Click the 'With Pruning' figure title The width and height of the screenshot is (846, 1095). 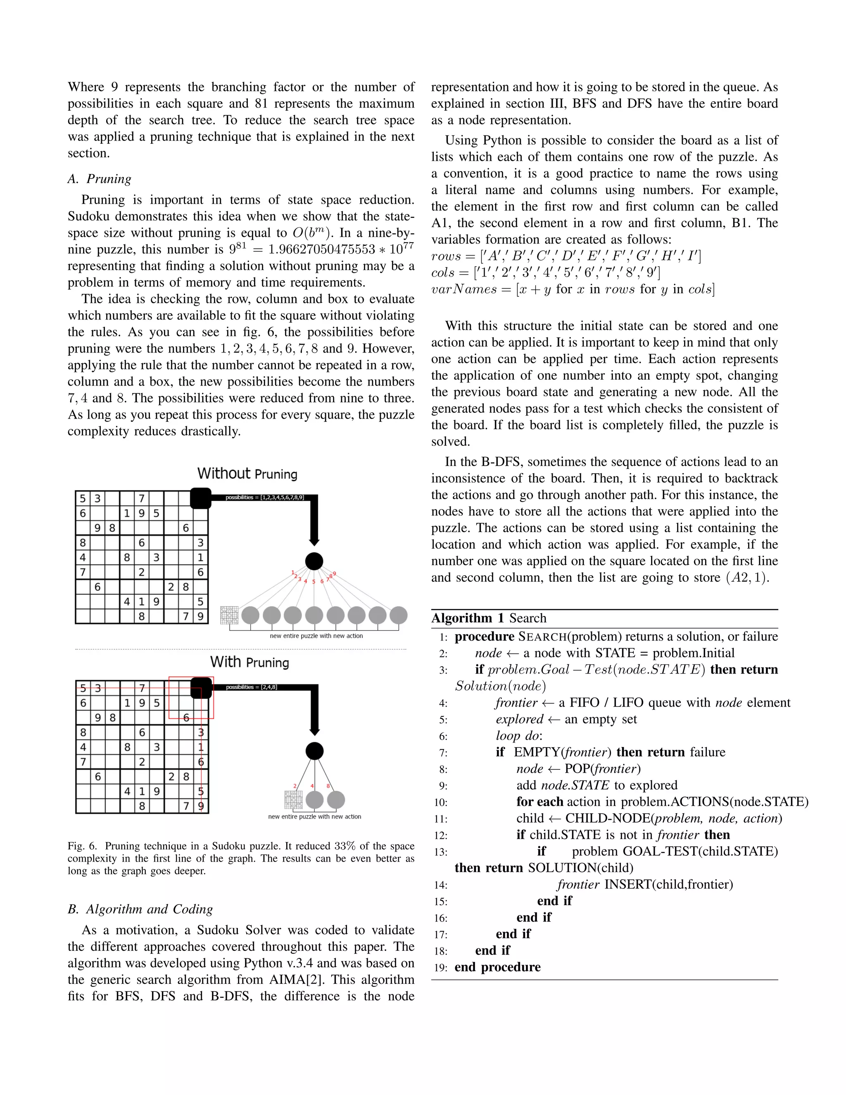[249, 662]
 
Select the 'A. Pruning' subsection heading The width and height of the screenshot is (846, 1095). [99, 179]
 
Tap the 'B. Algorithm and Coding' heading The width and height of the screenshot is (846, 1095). [140, 909]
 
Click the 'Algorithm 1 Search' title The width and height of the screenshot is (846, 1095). [489, 618]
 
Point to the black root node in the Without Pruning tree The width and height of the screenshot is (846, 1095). [314, 561]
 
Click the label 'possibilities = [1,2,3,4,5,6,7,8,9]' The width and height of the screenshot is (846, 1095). [264, 498]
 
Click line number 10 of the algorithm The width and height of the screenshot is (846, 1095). [440, 802]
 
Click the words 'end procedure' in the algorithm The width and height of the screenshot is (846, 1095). [497, 967]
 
